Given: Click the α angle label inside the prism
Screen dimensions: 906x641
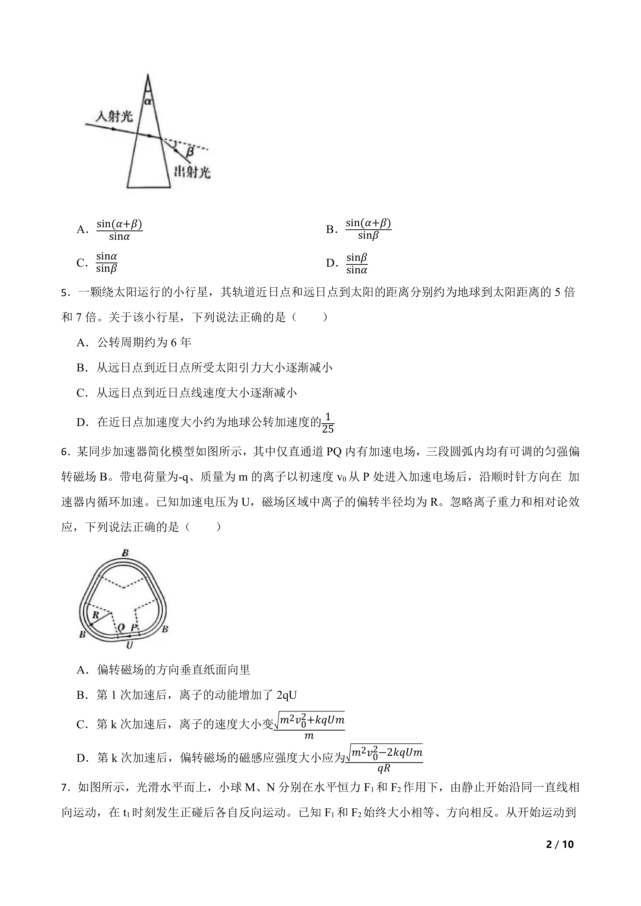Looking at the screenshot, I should click(148, 101).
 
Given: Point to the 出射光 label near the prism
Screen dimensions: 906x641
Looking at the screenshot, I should click(192, 172).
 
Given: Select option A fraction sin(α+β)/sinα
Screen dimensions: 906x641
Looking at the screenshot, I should click(119, 230).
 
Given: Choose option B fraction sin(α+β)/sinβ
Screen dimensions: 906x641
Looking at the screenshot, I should click(368, 229).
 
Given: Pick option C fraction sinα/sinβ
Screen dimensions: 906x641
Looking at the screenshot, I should click(107, 263).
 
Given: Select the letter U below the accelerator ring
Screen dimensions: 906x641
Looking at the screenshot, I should click(129, 645).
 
